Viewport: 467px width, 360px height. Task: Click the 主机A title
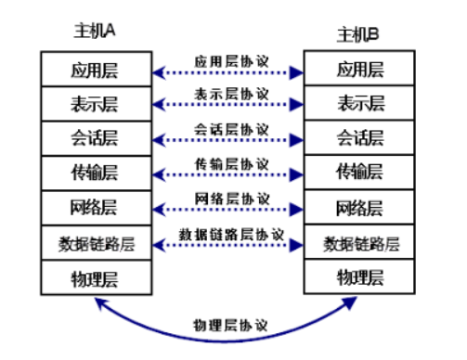[x=94, y=31]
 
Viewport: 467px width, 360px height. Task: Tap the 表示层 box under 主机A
[x=95, y=102]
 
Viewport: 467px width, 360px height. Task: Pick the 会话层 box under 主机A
[x=95, y=137]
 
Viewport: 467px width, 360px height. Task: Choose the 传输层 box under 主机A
[x=95, y=173]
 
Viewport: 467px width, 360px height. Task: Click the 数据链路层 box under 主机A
[x=95, y=243]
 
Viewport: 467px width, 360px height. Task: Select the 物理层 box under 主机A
[x=95, y=277]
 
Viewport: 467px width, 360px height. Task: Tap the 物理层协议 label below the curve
[x=231, y=326]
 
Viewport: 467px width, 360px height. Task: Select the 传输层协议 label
[x=231, y=163]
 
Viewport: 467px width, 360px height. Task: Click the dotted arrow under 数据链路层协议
[x=228, y=247]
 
